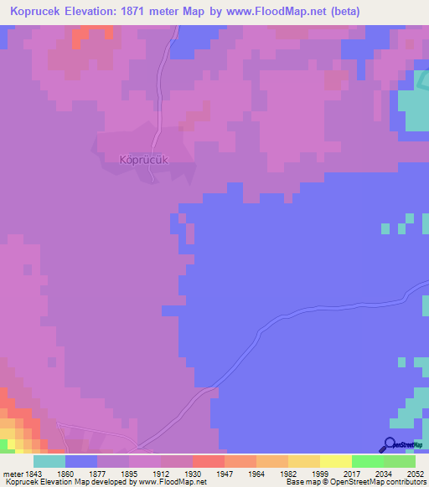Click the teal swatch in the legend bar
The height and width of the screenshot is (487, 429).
[49, 461]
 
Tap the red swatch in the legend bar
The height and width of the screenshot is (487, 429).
[208, 461]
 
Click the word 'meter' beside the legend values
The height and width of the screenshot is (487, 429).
[12, 474]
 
